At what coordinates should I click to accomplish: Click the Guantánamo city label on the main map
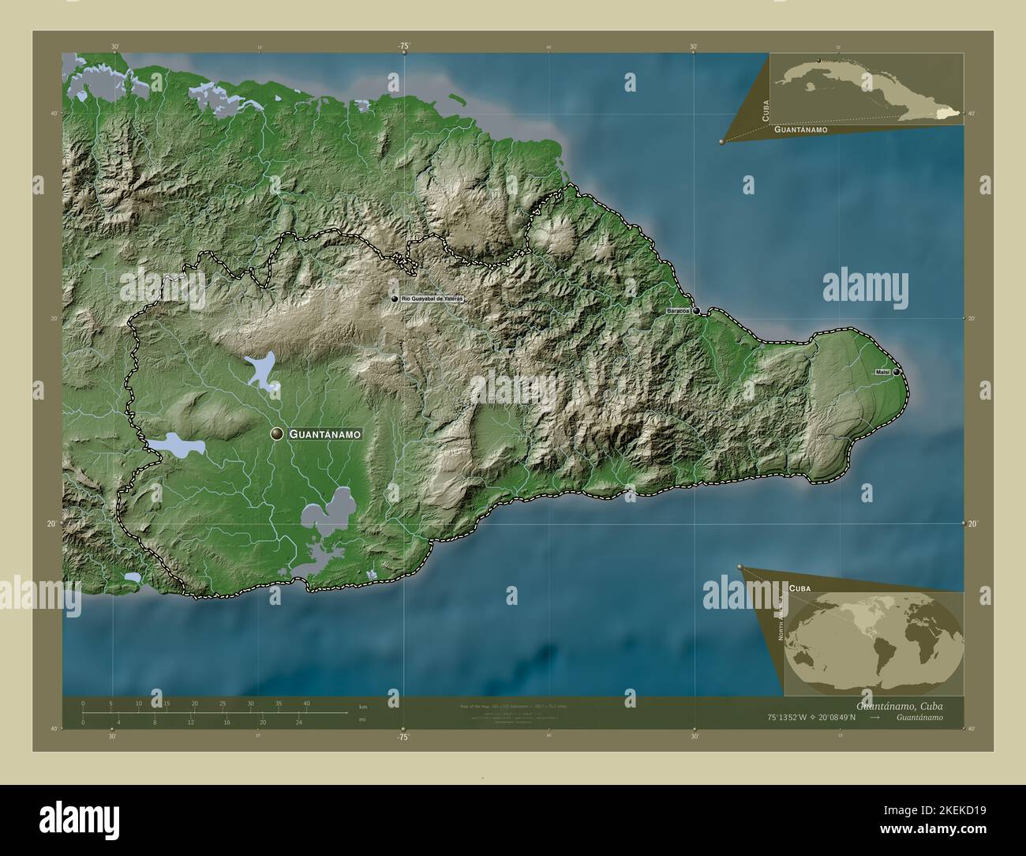[325, 434]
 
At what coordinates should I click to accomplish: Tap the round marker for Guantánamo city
[277, 434]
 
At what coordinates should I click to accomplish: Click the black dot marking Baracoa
[697, 310]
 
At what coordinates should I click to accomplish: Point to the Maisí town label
[882, 372]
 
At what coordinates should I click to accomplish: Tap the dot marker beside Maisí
[896, 372]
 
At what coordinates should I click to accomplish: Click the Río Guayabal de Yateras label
[432, 299]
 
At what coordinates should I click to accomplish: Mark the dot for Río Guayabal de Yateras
[395, 299]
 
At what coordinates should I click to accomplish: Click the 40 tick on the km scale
[306, 703]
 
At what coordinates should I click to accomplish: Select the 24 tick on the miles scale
[298, 722]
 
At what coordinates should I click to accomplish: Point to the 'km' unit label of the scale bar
[363, 706]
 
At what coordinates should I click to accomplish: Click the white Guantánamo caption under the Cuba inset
[800, 128]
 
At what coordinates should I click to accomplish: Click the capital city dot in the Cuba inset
[819, 61]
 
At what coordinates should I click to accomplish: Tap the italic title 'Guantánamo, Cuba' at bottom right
[899, 705]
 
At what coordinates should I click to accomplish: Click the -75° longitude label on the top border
[403, 47]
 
